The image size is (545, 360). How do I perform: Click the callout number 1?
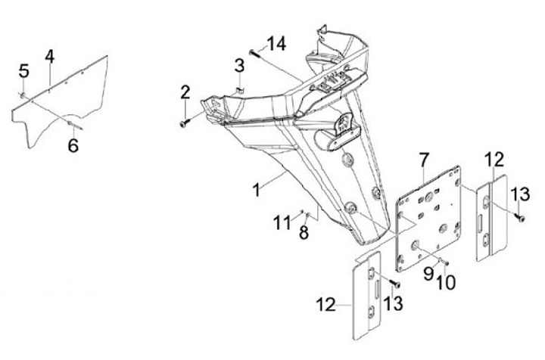click(x=257, y=190)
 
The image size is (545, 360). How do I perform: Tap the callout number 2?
click(x=185, y=92)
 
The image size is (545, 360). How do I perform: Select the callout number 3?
click(x=239, y=65)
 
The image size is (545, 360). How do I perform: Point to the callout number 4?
click(x=50, y=57)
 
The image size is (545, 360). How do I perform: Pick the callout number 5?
click(x=23, y=71)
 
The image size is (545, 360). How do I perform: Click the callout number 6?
click(x=73, y=145)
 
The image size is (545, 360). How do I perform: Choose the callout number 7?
click(x=425, y=160)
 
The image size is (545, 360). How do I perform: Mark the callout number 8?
click(x=304, y=233)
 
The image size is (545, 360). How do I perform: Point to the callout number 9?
click(x=428, y=273)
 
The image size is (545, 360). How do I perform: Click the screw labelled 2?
click(x=185, y=123)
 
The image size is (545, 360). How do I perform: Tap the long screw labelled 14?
click(x=256, y=54)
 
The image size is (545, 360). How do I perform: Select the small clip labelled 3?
click(x=238, y=91)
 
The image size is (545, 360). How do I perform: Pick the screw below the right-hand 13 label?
click(x=520, y=218)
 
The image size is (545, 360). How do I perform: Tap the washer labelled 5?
click(x=22, y=95)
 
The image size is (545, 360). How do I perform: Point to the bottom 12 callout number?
click(x=325, y=305)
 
